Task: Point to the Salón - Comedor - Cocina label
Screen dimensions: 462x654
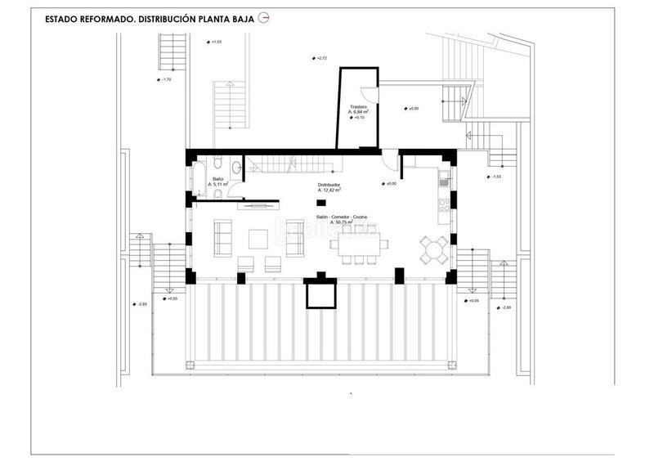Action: (342, 218)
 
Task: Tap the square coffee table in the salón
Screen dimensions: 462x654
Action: (257, 238)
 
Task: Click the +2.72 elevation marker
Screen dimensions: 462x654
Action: (320, 58)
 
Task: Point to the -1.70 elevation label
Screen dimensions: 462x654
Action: (166, 79)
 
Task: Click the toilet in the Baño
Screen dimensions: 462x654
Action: (236, 169)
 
